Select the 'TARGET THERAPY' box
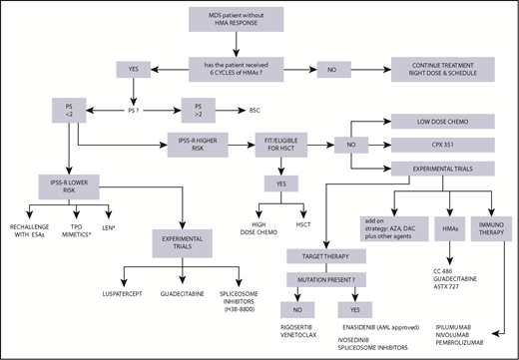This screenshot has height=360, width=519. click(x=271, y=255)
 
